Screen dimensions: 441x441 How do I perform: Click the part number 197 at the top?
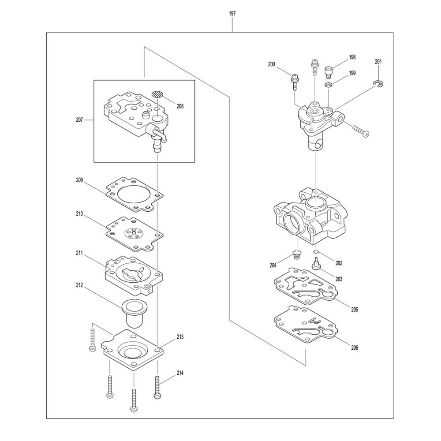[x=232, y=14]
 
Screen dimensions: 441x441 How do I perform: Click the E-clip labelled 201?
[x=378, y=84]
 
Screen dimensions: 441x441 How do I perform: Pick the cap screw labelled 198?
[x=329, y=70]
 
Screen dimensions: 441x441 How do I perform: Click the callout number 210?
[x=79, y=214]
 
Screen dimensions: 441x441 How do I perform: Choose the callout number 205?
[x=355, y=309]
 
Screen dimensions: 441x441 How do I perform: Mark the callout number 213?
[x=180, y=337]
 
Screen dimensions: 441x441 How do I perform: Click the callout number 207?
[x=79, y=120]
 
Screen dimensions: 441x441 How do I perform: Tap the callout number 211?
[x=79, y=253]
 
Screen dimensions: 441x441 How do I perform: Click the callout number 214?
[x=180, y=373]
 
